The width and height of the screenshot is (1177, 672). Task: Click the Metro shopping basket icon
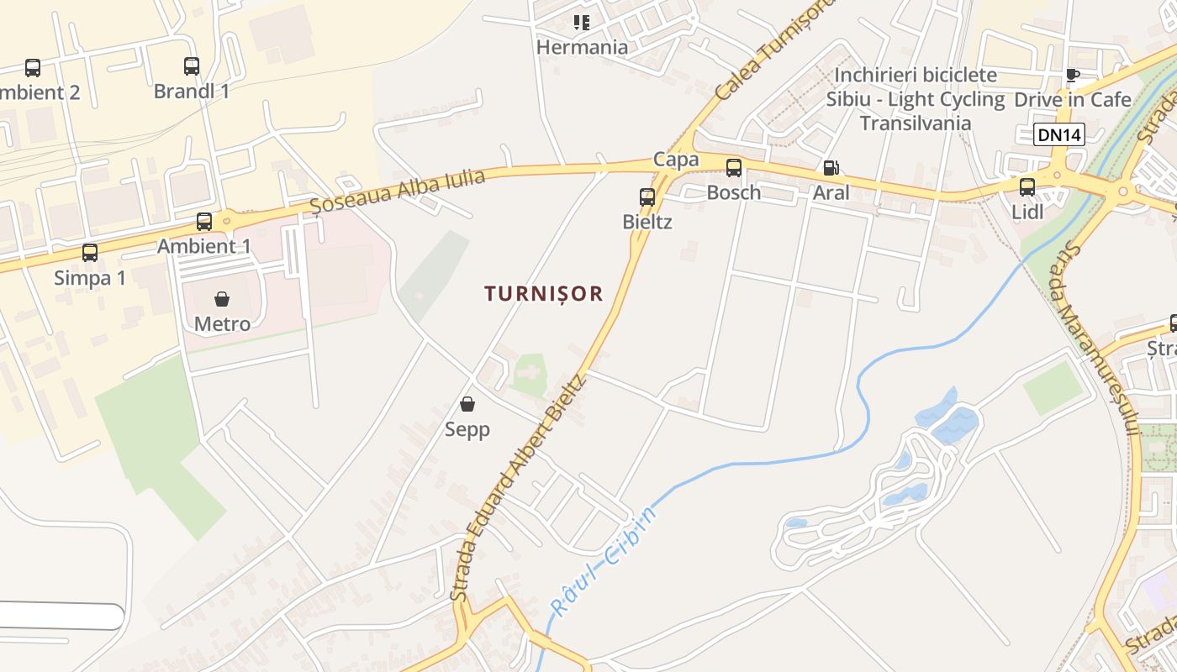[222, 299]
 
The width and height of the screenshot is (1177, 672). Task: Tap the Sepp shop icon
[467, 405]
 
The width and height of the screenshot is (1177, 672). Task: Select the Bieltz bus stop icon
[647, 197]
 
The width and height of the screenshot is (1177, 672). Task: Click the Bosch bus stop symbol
[734, 168]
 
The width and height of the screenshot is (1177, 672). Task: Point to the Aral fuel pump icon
[831, 168]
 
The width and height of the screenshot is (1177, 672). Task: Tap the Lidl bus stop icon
[1027, 187]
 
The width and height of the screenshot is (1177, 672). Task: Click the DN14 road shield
[1059, 134]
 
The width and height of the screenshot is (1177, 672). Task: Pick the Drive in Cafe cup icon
[1072, 75]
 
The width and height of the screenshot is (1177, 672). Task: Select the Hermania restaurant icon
[582, 23]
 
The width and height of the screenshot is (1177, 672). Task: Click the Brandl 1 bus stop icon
[192, 66]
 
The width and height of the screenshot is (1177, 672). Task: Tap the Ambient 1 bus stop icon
[204, 222]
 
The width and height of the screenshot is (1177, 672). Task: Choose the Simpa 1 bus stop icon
[90, 253]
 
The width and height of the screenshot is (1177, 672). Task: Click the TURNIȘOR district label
[544, 293]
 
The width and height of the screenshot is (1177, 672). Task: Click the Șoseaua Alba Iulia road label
[398, 191]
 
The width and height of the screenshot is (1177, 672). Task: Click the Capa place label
[676, 159]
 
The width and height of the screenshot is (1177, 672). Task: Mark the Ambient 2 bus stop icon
[33, 68]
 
